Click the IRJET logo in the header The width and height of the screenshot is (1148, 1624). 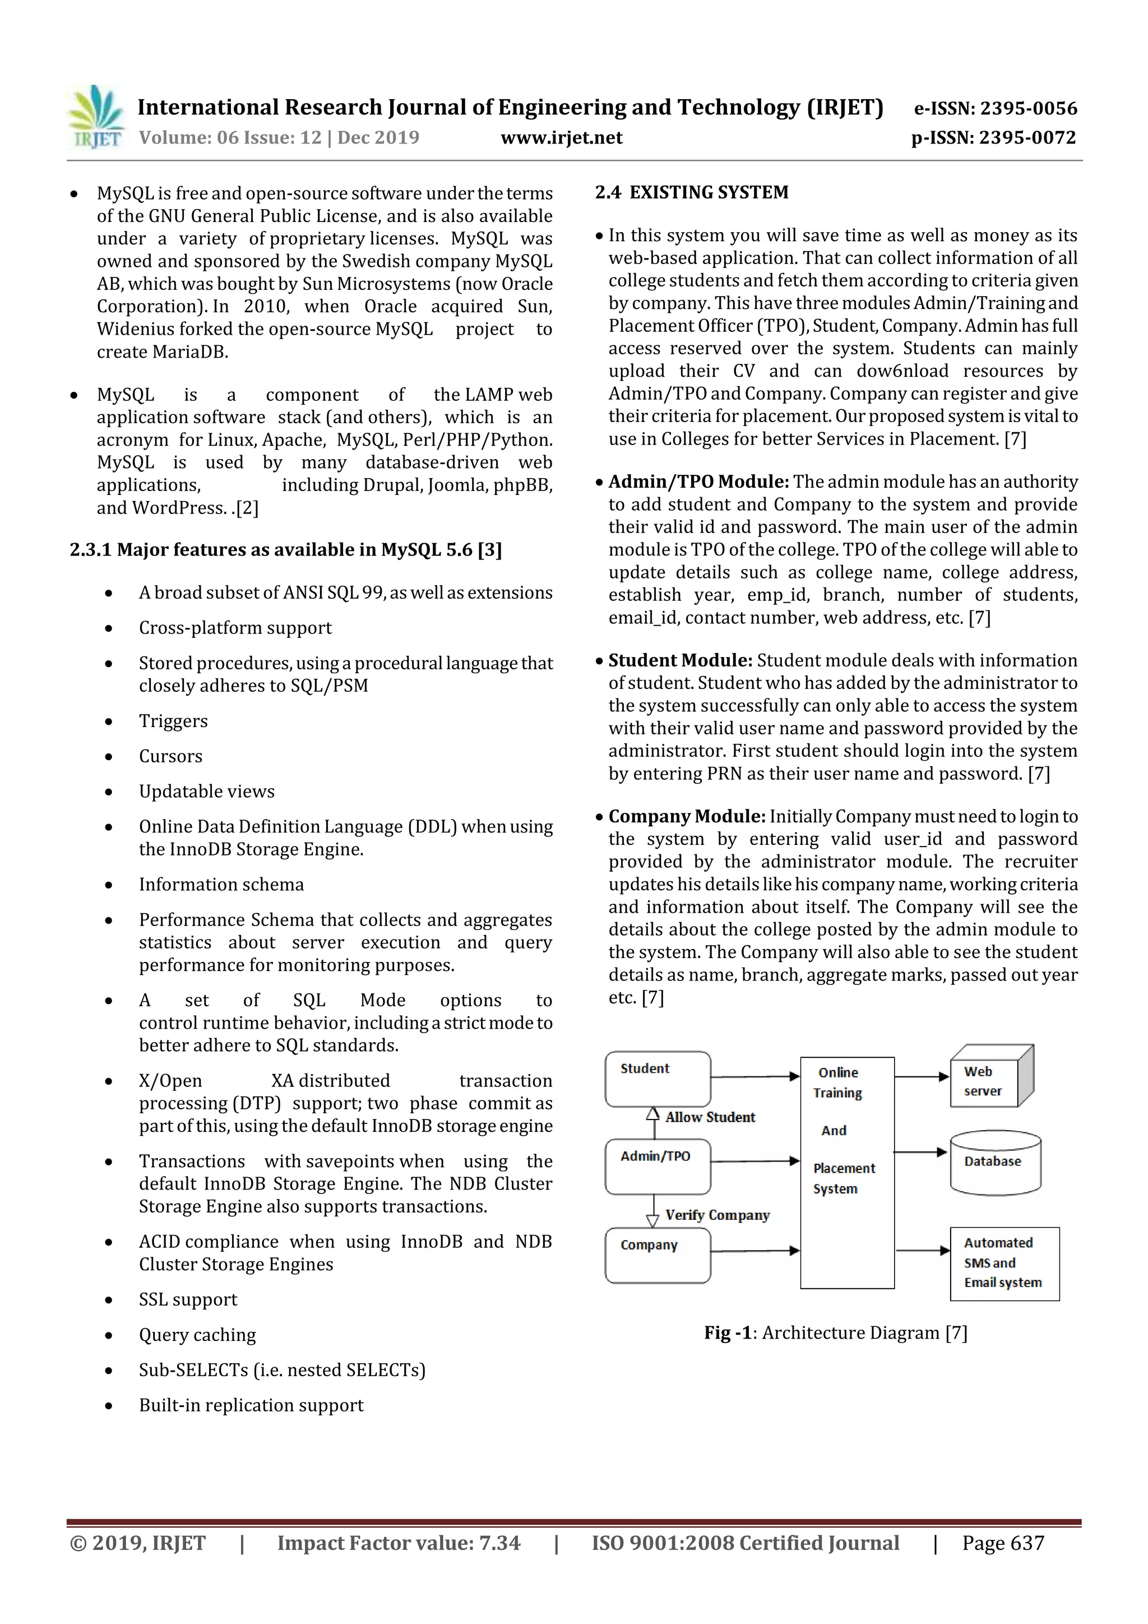[x=95, y=117]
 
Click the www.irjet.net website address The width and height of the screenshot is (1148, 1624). [x=561, y=137]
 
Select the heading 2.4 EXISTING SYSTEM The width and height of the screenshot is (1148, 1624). [x=691, y=192]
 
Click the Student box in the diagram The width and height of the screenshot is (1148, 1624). [x=657, y=1079]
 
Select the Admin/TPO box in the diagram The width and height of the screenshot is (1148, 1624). [x=657, y=1167]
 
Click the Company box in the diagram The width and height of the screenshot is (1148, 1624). [x=657, y=1256]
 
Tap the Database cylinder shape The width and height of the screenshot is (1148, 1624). [x=994, y=1163]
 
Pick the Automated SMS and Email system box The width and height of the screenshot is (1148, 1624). [x=1004, y=1264]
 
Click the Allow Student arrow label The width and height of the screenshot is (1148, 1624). [x=710, y=1118]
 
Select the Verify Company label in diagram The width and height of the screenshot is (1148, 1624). [x=716, y=1215]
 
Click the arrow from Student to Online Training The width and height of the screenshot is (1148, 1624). [x=754, y=1076]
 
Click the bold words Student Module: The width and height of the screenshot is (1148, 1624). [x=680, y=660]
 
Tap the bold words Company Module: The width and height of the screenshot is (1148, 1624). [x=686, y=816]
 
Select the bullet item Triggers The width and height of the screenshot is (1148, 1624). [x=173, y=721]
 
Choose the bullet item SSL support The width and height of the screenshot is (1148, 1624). [x=187, y=1299]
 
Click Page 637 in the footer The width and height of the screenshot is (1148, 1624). [x=1002, y=1543]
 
